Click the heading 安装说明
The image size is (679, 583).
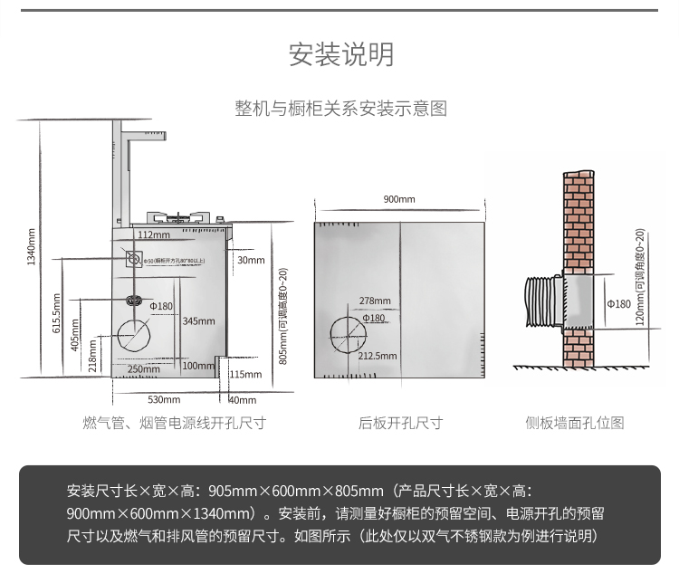[x=341, y=55]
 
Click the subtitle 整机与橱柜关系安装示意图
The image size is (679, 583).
[x=341, y=109]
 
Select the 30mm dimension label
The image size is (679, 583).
[x=251, y=261]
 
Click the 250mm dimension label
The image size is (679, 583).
[x=144, y=368]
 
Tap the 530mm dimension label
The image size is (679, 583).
[x=164, y=399]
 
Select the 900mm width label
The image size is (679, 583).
[x=398, y=199]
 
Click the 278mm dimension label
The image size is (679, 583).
[x=374, y=301]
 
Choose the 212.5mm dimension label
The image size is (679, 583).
[x=378, y=356]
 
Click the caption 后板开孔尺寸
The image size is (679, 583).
[x=399, y=423]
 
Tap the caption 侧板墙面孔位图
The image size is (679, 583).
[x=575, y=423]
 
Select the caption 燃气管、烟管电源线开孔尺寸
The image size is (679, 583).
[x=174, y=423]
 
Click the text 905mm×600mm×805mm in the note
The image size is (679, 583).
[x=296, y=492]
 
